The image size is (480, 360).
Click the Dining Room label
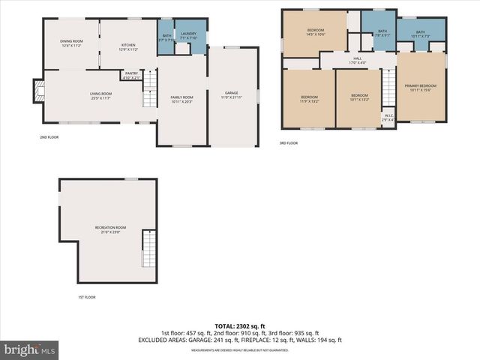point(72,43)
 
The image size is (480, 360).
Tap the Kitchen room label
point(128,47)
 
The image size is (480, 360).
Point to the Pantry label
point(131,75)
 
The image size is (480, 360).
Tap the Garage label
point(231,95)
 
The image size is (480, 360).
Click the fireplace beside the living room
point(37,91)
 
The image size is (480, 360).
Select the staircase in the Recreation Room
point(148,250)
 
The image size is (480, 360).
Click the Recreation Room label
point(110,229)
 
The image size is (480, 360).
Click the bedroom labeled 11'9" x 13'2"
point(310,99)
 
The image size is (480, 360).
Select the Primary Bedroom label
point(420,88)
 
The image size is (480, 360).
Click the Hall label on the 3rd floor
point(358,60)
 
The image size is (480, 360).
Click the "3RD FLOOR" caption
point(288,142)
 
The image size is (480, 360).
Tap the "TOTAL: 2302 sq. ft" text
point(239,326)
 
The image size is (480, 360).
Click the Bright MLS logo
point(30,349)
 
